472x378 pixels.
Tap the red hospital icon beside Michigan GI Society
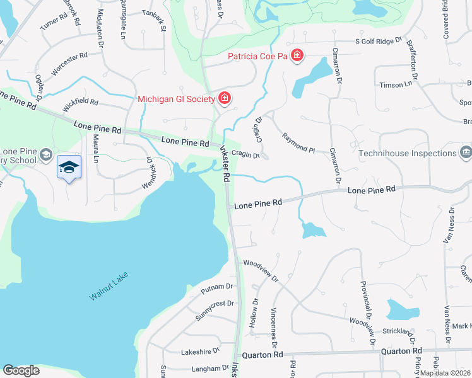pyautogui.click(x=223, y=98)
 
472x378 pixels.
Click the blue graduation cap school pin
pyautogui.click(x=69, y=167)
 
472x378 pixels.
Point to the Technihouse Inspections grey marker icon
pyautogui.click(x=466, y=152)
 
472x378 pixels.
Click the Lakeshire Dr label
pyautogui.click(x=200, y=351)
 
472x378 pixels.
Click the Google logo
pyautogui.click(x=21, y=370)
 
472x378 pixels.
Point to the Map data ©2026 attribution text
pyautogui.click(x=444, y=373)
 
